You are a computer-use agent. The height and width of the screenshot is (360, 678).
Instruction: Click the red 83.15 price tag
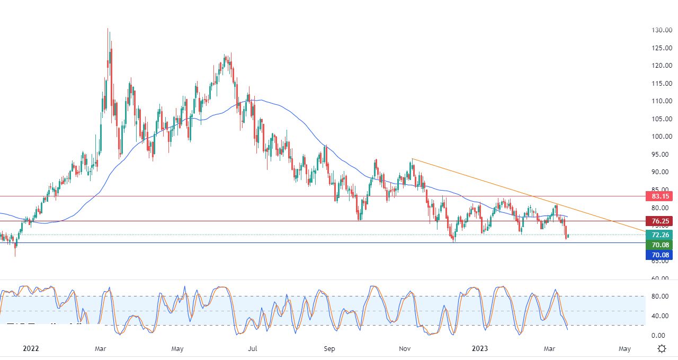pos(658,196)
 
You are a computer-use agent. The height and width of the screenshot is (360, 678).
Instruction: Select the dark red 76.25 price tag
pos(658,221)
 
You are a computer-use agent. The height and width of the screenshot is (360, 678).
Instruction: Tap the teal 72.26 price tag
pos(658,235)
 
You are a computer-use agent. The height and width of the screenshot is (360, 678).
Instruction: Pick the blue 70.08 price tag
pos(658,255)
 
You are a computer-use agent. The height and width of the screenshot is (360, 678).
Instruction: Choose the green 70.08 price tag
pos(658,245)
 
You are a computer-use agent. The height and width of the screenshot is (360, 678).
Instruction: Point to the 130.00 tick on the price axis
pos(662,30)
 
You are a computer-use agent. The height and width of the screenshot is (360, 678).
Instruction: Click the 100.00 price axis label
pos(662,136)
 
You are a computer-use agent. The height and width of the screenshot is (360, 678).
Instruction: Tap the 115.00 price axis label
pos(662,83)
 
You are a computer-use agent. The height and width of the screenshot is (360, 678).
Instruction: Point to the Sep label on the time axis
pos(329,348)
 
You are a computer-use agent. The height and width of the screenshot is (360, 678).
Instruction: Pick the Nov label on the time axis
pos(405,348)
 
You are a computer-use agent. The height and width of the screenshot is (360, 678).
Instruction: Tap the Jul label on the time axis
pos(253,348)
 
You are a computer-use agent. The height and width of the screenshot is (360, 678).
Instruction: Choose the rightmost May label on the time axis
pos(625,348)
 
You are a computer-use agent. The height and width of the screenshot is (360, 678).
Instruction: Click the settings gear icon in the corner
pos(662,348)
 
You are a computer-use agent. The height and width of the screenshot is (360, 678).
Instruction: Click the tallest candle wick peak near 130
pos(108,29)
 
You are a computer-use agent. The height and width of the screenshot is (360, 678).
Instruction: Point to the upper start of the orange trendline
pos(412,159)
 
